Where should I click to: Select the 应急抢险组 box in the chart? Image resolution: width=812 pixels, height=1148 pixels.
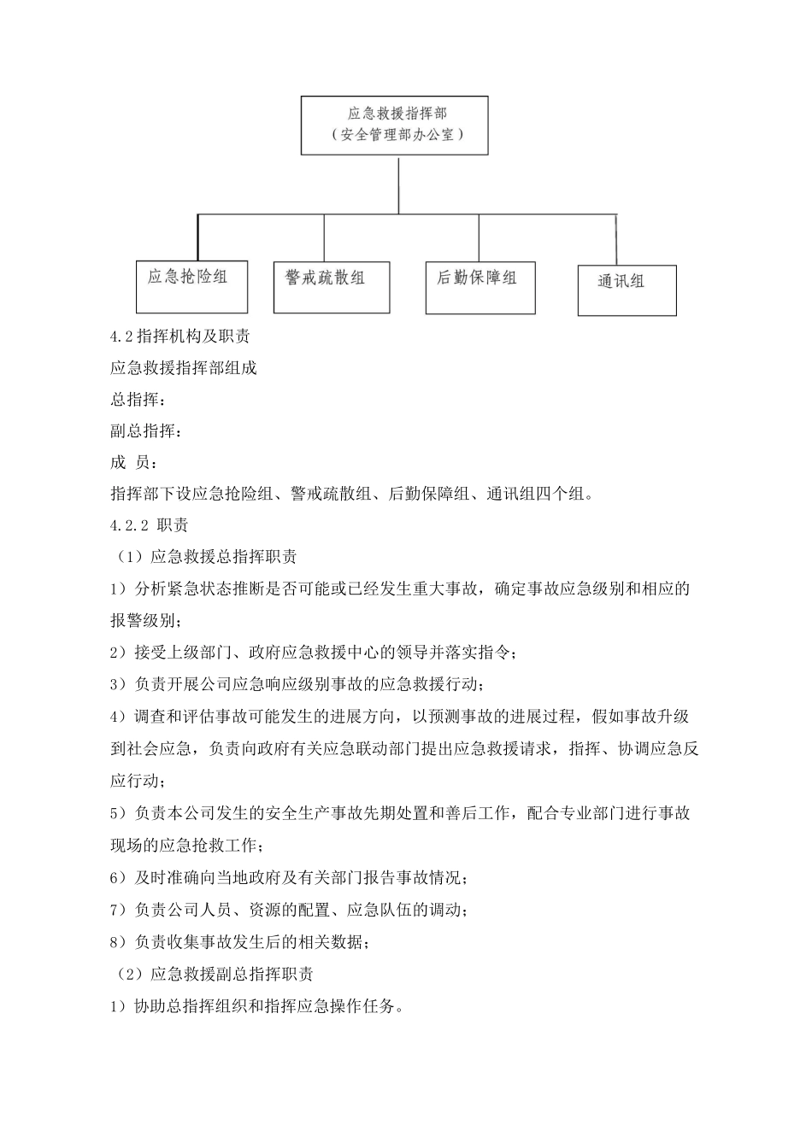191,286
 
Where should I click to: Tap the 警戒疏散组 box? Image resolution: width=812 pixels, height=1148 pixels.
331,287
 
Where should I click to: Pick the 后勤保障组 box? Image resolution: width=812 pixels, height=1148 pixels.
480,288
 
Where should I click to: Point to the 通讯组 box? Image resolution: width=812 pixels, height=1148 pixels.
627,290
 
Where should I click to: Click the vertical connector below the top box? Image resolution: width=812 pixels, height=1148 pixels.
399,184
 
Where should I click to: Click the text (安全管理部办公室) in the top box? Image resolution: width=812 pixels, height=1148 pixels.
395,135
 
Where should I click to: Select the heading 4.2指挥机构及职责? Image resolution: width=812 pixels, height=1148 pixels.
180,337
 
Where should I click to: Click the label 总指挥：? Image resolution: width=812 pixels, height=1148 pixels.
134,400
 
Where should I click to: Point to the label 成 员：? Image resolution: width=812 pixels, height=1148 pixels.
132,463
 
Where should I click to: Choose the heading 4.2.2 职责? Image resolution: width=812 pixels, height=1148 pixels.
150,526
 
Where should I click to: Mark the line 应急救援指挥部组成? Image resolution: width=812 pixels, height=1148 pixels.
184,368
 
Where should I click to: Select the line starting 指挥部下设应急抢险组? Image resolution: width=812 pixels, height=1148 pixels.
350,495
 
